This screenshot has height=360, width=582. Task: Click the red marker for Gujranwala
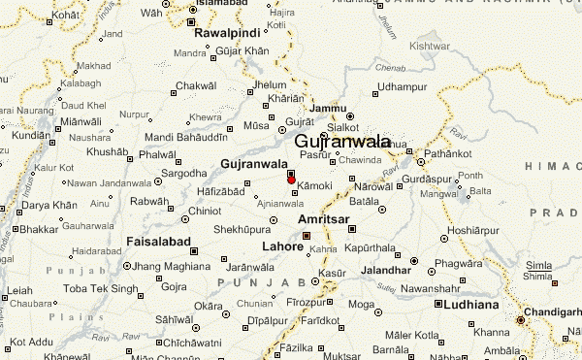click(x=291, y=180)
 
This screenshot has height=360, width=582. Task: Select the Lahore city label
click(x=282, y=245)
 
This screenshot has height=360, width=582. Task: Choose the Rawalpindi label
click(x=228, y=33)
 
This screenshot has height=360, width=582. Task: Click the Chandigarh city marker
click(x=521, y=319)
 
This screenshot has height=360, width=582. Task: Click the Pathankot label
click(x=452, y=154)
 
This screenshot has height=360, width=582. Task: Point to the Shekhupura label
click(x=241, y=229)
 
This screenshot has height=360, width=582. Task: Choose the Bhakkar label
click(x=39, y=230)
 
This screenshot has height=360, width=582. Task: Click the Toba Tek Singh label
click(x=71, y=288)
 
